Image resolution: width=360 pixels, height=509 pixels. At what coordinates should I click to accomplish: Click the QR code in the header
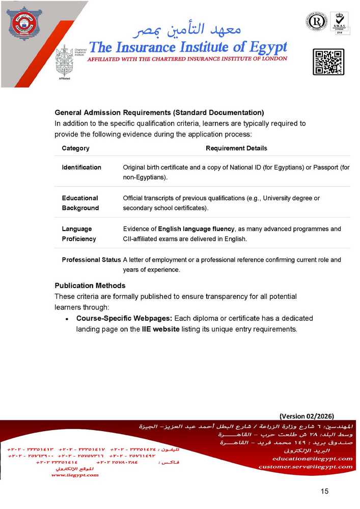pyautogui.click(x=328, y=62)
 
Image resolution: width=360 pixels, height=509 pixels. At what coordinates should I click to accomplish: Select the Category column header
pyautogui.click(x=75, y=148)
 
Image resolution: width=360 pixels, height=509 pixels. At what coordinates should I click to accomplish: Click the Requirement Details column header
pyautogui.click(x=236, y=148)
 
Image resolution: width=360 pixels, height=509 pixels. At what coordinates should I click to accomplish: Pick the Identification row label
pyautogui.click(x=81, y=167)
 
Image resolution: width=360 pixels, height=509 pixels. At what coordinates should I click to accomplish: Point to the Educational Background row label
pyautogui.click(x=80, y=203)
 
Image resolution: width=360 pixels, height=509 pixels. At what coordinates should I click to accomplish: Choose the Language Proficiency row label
pyautogui.click(x=78, y=234)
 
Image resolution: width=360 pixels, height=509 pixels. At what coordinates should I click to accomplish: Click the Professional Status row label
pyautogui.click(x=91, y=260)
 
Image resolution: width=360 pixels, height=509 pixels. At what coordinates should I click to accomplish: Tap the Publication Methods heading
pyautogui.click(x=90, y=285)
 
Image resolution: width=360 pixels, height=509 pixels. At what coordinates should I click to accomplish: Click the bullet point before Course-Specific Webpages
pyautogui.click(x=67, y=319)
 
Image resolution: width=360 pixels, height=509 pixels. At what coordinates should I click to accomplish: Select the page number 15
pyautogui.click(x=325, y=491)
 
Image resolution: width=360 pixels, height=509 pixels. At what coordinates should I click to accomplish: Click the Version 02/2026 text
pyautogui.click(x=307, y=416)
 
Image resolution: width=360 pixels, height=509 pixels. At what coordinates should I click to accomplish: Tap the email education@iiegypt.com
pyautogui.click(x=312, y=459)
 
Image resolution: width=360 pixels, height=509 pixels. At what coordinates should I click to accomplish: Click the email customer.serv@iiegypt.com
pyautogui.click(x=305, y=466)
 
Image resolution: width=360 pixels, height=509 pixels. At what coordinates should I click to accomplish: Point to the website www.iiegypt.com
pyautogui.click(x=75, y=475)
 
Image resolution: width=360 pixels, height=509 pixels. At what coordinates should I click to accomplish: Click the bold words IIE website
pyautogui.click(x=160, y=329)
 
